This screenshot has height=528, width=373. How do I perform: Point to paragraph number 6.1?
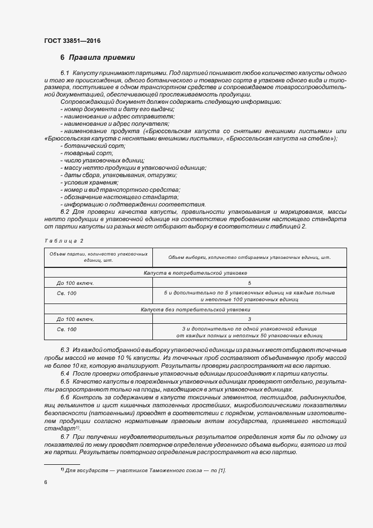pos(64,74)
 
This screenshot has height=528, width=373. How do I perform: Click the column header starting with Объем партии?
pos(98,257)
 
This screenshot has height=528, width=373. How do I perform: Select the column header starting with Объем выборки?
pos(249,258)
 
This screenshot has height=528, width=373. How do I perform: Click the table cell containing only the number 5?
pos(249,283)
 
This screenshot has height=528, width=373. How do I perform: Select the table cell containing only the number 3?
pos(249,319)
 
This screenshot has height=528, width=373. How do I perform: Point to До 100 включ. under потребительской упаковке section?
pos(74,283)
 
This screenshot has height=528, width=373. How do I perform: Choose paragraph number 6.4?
pos(64,374)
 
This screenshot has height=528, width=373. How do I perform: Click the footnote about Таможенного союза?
pos(146,470)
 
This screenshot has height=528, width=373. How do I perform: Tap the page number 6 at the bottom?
pos(46,482)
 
